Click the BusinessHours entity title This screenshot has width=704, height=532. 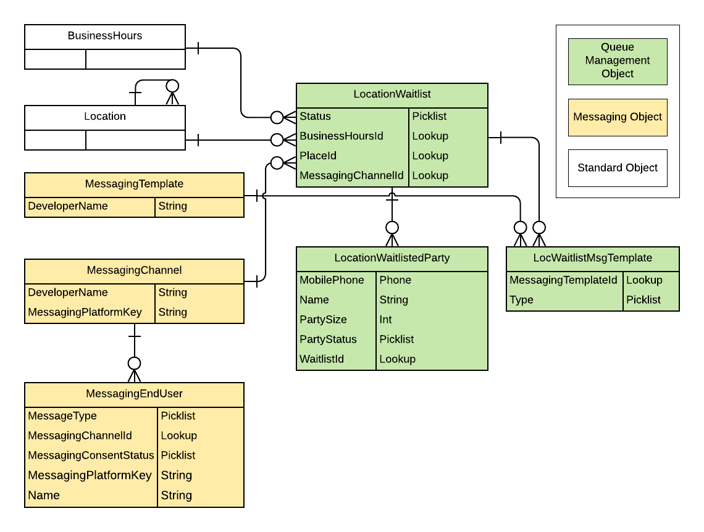click(x=105, y=36)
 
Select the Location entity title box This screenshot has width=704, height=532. click(x=105, y=117)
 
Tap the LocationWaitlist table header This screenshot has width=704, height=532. click(x=392, y=94)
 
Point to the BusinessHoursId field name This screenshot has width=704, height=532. click(x=342, y=136)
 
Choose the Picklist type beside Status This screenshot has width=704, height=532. click(x=429, y=116)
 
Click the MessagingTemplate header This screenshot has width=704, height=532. click(x=134, y=184)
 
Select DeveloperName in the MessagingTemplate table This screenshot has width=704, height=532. click(x=68, y=206)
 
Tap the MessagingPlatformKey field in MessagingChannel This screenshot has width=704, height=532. click(x=85, y=312)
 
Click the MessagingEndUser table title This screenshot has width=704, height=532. click(x=134, y=394)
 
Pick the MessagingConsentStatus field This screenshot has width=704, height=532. click(x=91, y=455)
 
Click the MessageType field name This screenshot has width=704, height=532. click(x=62, y=416)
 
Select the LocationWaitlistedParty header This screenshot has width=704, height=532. click(x=392, y=258)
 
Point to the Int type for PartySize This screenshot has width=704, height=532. click(x=385, y=320)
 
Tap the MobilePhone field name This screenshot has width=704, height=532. click(x=332, y=280)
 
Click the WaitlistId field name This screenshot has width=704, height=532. click(x=322, y=359)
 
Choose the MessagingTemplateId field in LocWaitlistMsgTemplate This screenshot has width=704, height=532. click(x=563, y=280)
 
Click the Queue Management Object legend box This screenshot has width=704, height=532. click(x=618, y=60)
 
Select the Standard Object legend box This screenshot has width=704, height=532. click(x=618, y=168)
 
